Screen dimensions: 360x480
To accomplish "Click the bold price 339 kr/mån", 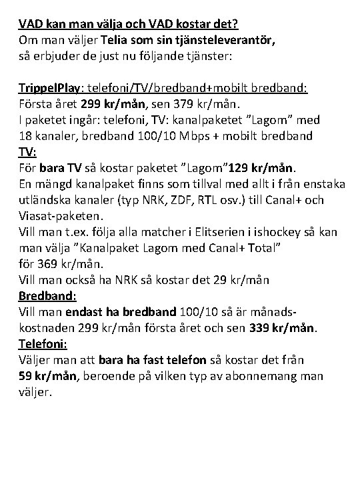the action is point(283,328).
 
